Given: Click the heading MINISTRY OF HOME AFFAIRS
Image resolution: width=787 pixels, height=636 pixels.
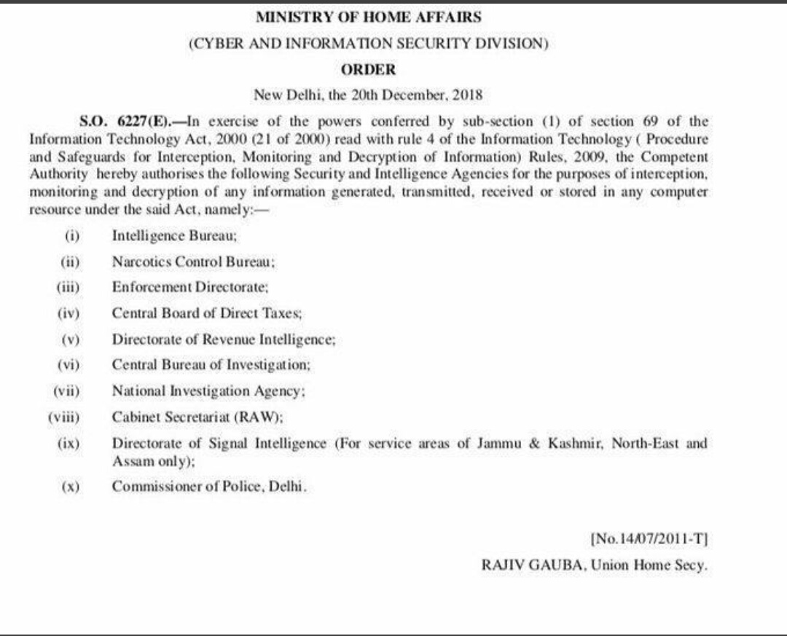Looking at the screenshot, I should pos(368,17).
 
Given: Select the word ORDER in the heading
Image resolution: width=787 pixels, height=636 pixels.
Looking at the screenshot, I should pos(368,70).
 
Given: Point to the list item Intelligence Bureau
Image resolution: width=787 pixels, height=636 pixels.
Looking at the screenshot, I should pos(175,236).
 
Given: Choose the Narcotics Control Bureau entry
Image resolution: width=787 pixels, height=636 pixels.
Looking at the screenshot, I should pos(193,262).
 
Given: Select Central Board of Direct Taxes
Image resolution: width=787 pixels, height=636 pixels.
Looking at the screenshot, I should pos(207,313).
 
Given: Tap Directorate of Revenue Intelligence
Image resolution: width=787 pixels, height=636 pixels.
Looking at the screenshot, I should pos(224,339).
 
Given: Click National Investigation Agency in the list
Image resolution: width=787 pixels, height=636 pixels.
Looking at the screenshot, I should pos(208,391).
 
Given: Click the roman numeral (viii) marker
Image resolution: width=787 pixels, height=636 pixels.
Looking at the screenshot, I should pos(63,417).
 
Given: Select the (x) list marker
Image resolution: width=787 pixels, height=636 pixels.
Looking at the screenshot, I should pos(70,487).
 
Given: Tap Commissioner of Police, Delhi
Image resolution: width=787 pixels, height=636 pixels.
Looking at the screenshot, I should pos(209,487).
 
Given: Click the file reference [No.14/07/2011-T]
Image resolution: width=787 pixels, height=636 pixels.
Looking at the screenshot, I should pos(649,540).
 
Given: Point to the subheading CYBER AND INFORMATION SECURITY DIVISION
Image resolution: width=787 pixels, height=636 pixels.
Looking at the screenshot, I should pos(368,43).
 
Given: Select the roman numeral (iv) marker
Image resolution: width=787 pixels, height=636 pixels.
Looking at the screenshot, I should pos(68,313).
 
